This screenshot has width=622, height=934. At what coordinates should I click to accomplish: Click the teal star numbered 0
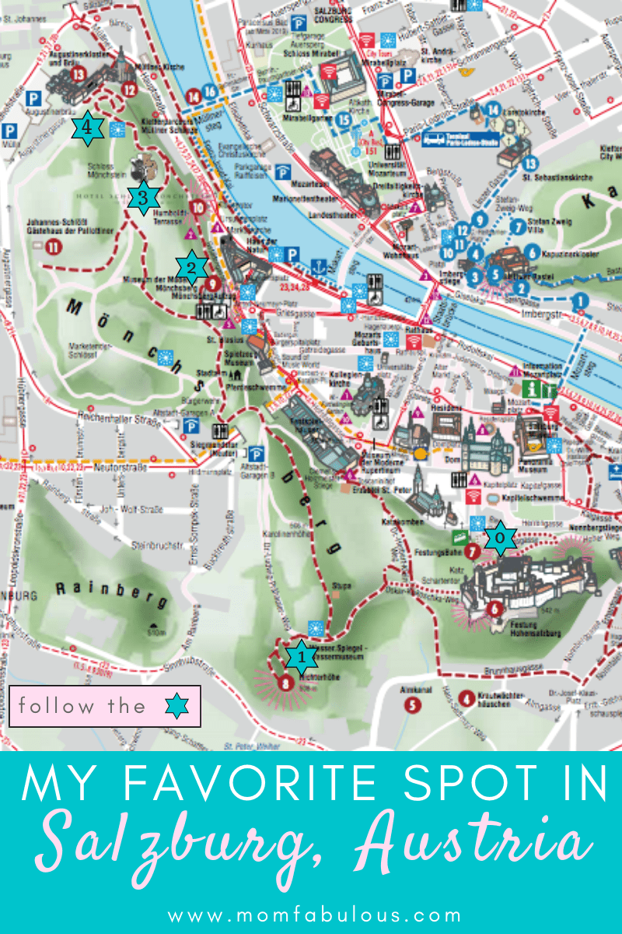tap(501, 538)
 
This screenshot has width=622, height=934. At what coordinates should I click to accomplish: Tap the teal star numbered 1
tap(301, 658)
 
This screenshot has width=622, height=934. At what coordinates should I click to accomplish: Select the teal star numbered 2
tap(191, 268)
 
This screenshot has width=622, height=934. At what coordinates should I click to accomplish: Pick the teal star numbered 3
tap(143, 198)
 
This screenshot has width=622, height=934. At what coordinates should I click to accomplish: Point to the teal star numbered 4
tap(88, 129)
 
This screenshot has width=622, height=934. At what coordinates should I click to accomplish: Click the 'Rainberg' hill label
tap(111, 594)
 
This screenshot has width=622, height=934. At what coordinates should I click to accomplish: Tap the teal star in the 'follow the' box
tap(177, 706)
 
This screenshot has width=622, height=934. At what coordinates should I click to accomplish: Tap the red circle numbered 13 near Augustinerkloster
tap(77, 74)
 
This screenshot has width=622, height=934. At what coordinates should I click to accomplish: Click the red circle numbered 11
tap(53, 248)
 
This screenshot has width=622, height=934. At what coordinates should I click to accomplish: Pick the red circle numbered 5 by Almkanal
tap(411, 705)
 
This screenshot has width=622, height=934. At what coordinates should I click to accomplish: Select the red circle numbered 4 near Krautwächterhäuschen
tap(466, 697)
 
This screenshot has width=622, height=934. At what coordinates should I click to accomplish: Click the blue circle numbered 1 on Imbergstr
tap(578, 300)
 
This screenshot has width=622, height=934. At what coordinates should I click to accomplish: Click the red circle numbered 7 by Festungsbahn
tap(472, 552)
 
